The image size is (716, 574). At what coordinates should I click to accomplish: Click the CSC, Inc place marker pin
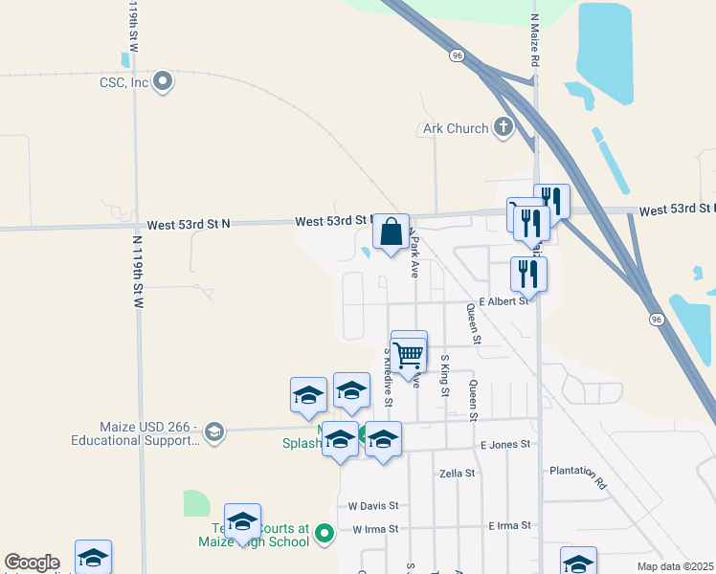pos(163,82)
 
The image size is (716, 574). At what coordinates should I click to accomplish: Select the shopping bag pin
pos(391,232)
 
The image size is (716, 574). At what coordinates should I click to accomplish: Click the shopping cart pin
pos(409,355)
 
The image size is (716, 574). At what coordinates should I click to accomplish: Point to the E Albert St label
pos(504,301)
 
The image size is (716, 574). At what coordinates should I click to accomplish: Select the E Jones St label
pos(504,445)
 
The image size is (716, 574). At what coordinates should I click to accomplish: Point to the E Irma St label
pos(508,526)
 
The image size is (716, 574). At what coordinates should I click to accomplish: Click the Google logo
pos(32,563)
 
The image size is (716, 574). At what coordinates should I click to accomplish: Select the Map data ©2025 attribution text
pos(675,566)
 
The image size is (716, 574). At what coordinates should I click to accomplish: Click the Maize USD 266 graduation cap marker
pos(213,432)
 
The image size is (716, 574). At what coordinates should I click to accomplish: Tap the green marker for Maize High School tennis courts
pos(324,532)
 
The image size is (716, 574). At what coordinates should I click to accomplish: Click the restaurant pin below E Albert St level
pos(528,275)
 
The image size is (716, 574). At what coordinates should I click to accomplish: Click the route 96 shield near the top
pos(459,56)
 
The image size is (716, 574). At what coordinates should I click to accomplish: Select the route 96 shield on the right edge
pos(656,318)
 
